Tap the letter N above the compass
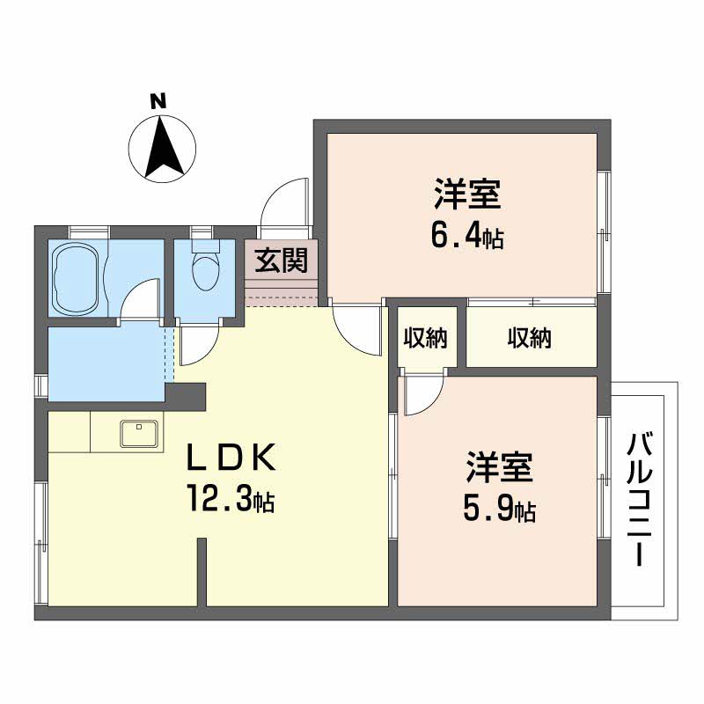pyautogui.click(x=158, y=101)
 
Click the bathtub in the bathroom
pyautogui.click(x=78, y=277)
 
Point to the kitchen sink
pyautogui.click(x=139, y=434)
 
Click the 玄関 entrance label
pyautogui.click(x=280, y=260)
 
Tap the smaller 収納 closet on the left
pyautogui.click(x=426, y=337)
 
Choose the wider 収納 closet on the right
pyautogui.click(x=529, y=337)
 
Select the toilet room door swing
pyautogui.click(x=195, y=345)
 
